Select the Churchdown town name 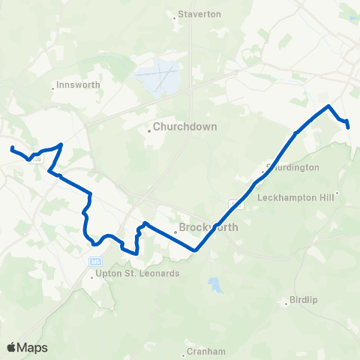(185, 127)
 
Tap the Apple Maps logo (27, 347)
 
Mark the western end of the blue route (12, 147)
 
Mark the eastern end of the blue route (349, 127)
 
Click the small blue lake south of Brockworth (216, 285)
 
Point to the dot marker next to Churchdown (149, 130)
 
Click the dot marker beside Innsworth (54, 87)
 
